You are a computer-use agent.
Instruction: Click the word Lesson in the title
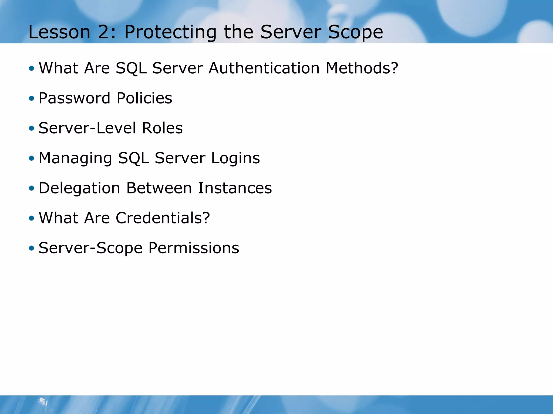(59, 32)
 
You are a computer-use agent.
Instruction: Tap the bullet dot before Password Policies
(32, 98)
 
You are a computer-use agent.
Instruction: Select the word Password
(75, 98)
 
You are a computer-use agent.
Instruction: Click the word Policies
(144, 98)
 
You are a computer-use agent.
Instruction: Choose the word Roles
(162, 128)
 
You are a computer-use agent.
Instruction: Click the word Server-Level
(87, 128)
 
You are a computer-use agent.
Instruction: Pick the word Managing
(75, 158)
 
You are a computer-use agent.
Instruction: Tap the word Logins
(235, 158)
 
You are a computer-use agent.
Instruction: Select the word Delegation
(79, 188)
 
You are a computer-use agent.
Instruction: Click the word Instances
(235, 188)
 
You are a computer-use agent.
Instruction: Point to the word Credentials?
(163, 218)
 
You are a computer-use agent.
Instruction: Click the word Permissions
(194, 248)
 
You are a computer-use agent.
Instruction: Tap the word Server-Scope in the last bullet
(90, 249)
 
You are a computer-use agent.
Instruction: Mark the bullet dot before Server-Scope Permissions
(32, 248)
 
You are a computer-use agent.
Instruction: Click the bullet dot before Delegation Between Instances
(32, 188)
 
